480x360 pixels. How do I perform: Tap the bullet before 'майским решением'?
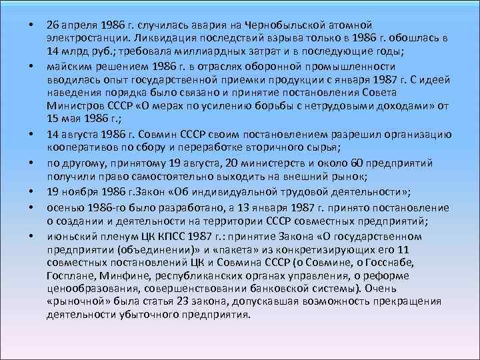click(x=31, y=67)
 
